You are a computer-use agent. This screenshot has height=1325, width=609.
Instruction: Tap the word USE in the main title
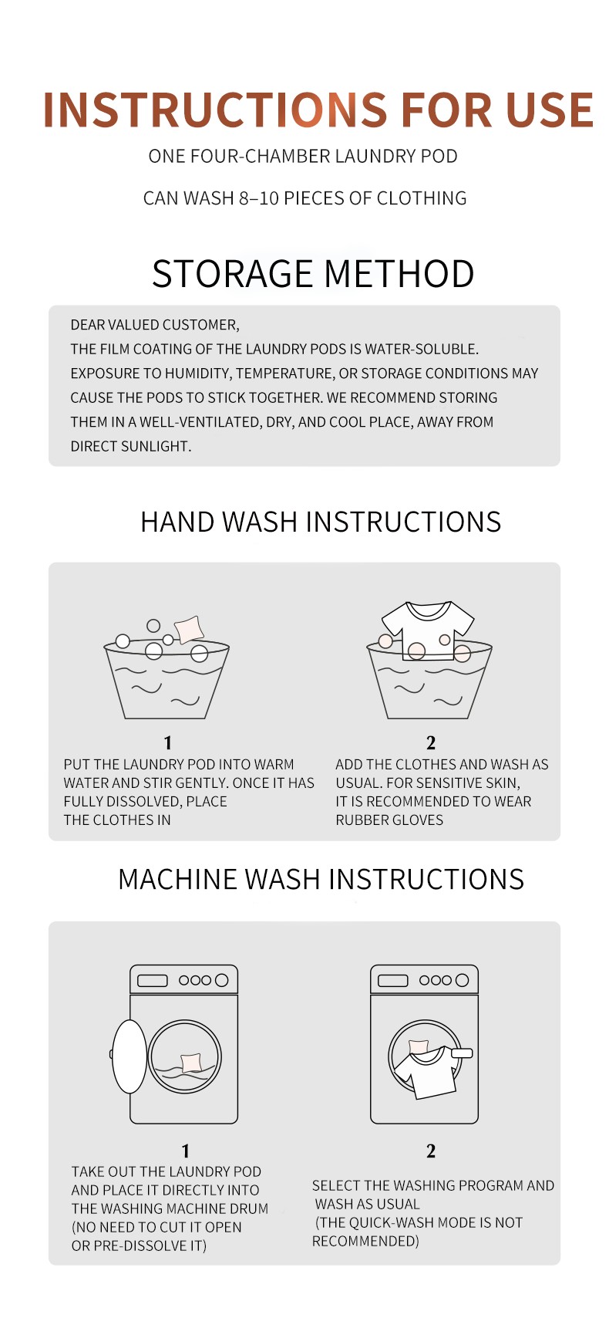[550, 110]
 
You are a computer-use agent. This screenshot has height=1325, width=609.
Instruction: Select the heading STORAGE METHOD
[313, 274]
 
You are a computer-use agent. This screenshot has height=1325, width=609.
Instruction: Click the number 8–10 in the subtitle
[258, 198]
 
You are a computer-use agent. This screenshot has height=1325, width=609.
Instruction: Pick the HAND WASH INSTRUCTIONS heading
[321, 522]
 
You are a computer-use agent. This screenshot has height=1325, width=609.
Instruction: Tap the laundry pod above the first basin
[189, 629]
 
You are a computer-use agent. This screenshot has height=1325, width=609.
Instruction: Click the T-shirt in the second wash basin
[428, 630]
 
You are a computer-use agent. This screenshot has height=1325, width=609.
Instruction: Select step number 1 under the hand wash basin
[168, 743]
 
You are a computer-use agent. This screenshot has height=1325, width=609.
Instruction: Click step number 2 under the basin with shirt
[431, 743]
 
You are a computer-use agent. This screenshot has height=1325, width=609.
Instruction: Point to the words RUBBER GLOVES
[389, 820]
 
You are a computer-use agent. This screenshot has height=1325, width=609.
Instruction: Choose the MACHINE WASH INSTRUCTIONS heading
[321, 880]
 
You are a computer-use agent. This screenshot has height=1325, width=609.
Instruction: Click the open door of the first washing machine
[129, 1056]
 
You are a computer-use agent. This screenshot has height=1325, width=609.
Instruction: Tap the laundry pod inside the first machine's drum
[190, 1063]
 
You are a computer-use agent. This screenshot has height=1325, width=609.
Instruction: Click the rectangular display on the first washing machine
[153, 981]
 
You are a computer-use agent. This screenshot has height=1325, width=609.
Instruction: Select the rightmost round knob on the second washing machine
[463, 980]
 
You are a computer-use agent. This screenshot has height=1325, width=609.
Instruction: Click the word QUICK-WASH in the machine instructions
[392, 1222]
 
